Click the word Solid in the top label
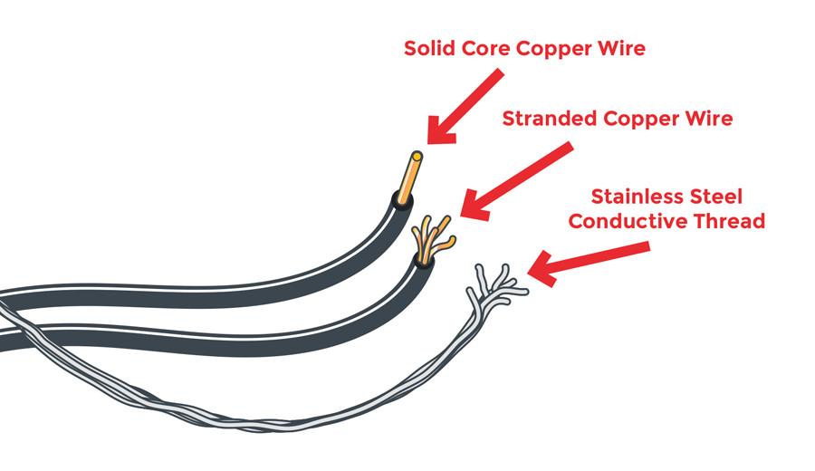(430, 48)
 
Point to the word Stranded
(550, 119)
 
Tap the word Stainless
(630, 197)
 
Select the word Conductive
(628, 222)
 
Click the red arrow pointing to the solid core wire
(465, 107)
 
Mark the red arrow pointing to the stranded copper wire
(516, 180)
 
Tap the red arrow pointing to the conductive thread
(589, 264)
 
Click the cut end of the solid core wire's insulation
(402, 199)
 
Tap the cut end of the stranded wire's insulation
(424, 261)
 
